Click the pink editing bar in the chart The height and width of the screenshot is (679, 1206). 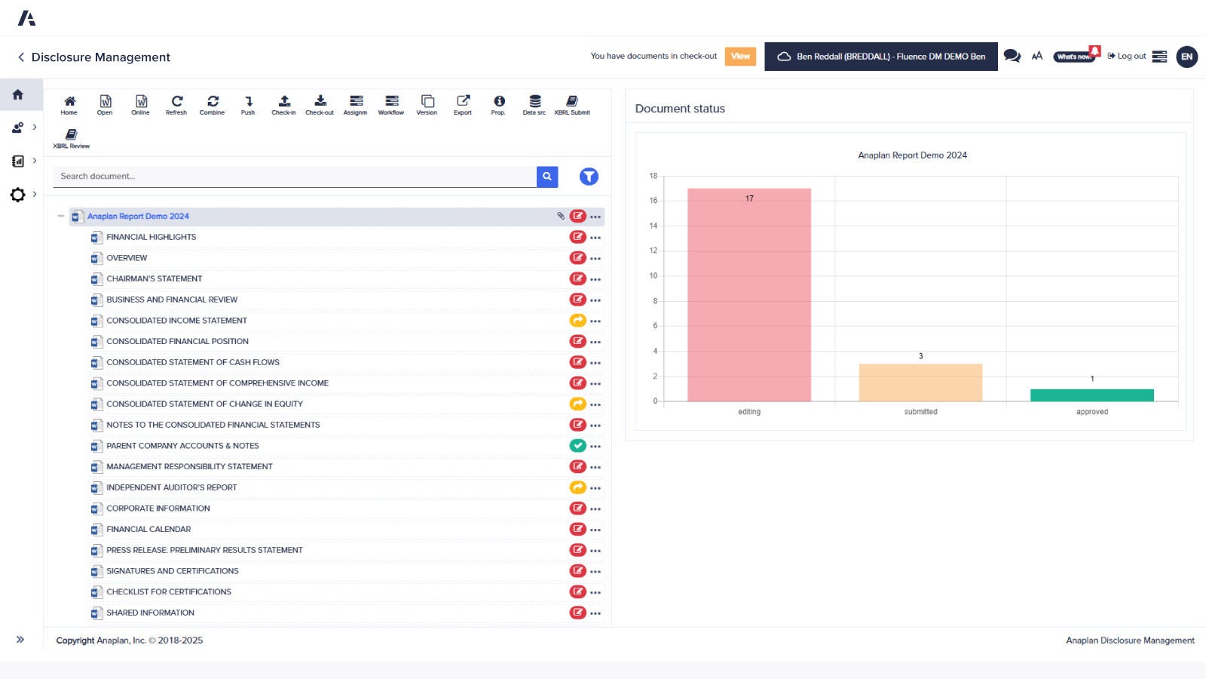(x=748, y=295)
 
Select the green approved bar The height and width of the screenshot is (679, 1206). (x=1091, y=395)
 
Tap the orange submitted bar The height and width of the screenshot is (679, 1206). (x=920, y=383)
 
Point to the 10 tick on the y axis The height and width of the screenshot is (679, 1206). (x=653, y=276)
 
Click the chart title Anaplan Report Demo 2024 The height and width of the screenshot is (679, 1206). (x=912, y=155)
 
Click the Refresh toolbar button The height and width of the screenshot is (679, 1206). (x=176, y=104)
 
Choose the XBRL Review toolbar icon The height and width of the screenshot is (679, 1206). (x=71, y=138)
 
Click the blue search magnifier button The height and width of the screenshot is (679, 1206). (x=547, y=177)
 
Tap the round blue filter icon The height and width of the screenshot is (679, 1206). (x=589, y=177)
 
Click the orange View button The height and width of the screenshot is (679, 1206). (x=740, y=57)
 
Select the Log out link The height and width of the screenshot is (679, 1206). (x=1127, y=57)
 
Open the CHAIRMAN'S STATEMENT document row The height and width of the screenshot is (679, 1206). (x=155, y=279)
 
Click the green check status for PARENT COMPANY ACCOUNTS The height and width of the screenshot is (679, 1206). (x=577, y=446)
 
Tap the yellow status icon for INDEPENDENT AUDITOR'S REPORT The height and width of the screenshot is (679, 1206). (x=577, y=487)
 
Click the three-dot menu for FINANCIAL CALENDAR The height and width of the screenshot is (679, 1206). (x=595, y=530)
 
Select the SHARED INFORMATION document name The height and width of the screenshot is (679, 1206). (x=150, y=613)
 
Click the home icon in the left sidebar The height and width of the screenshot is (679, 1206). (x=18, y=95)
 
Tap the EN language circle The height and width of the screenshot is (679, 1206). (x=1186, y=57)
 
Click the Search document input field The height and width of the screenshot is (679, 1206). (x=294, y=177)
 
